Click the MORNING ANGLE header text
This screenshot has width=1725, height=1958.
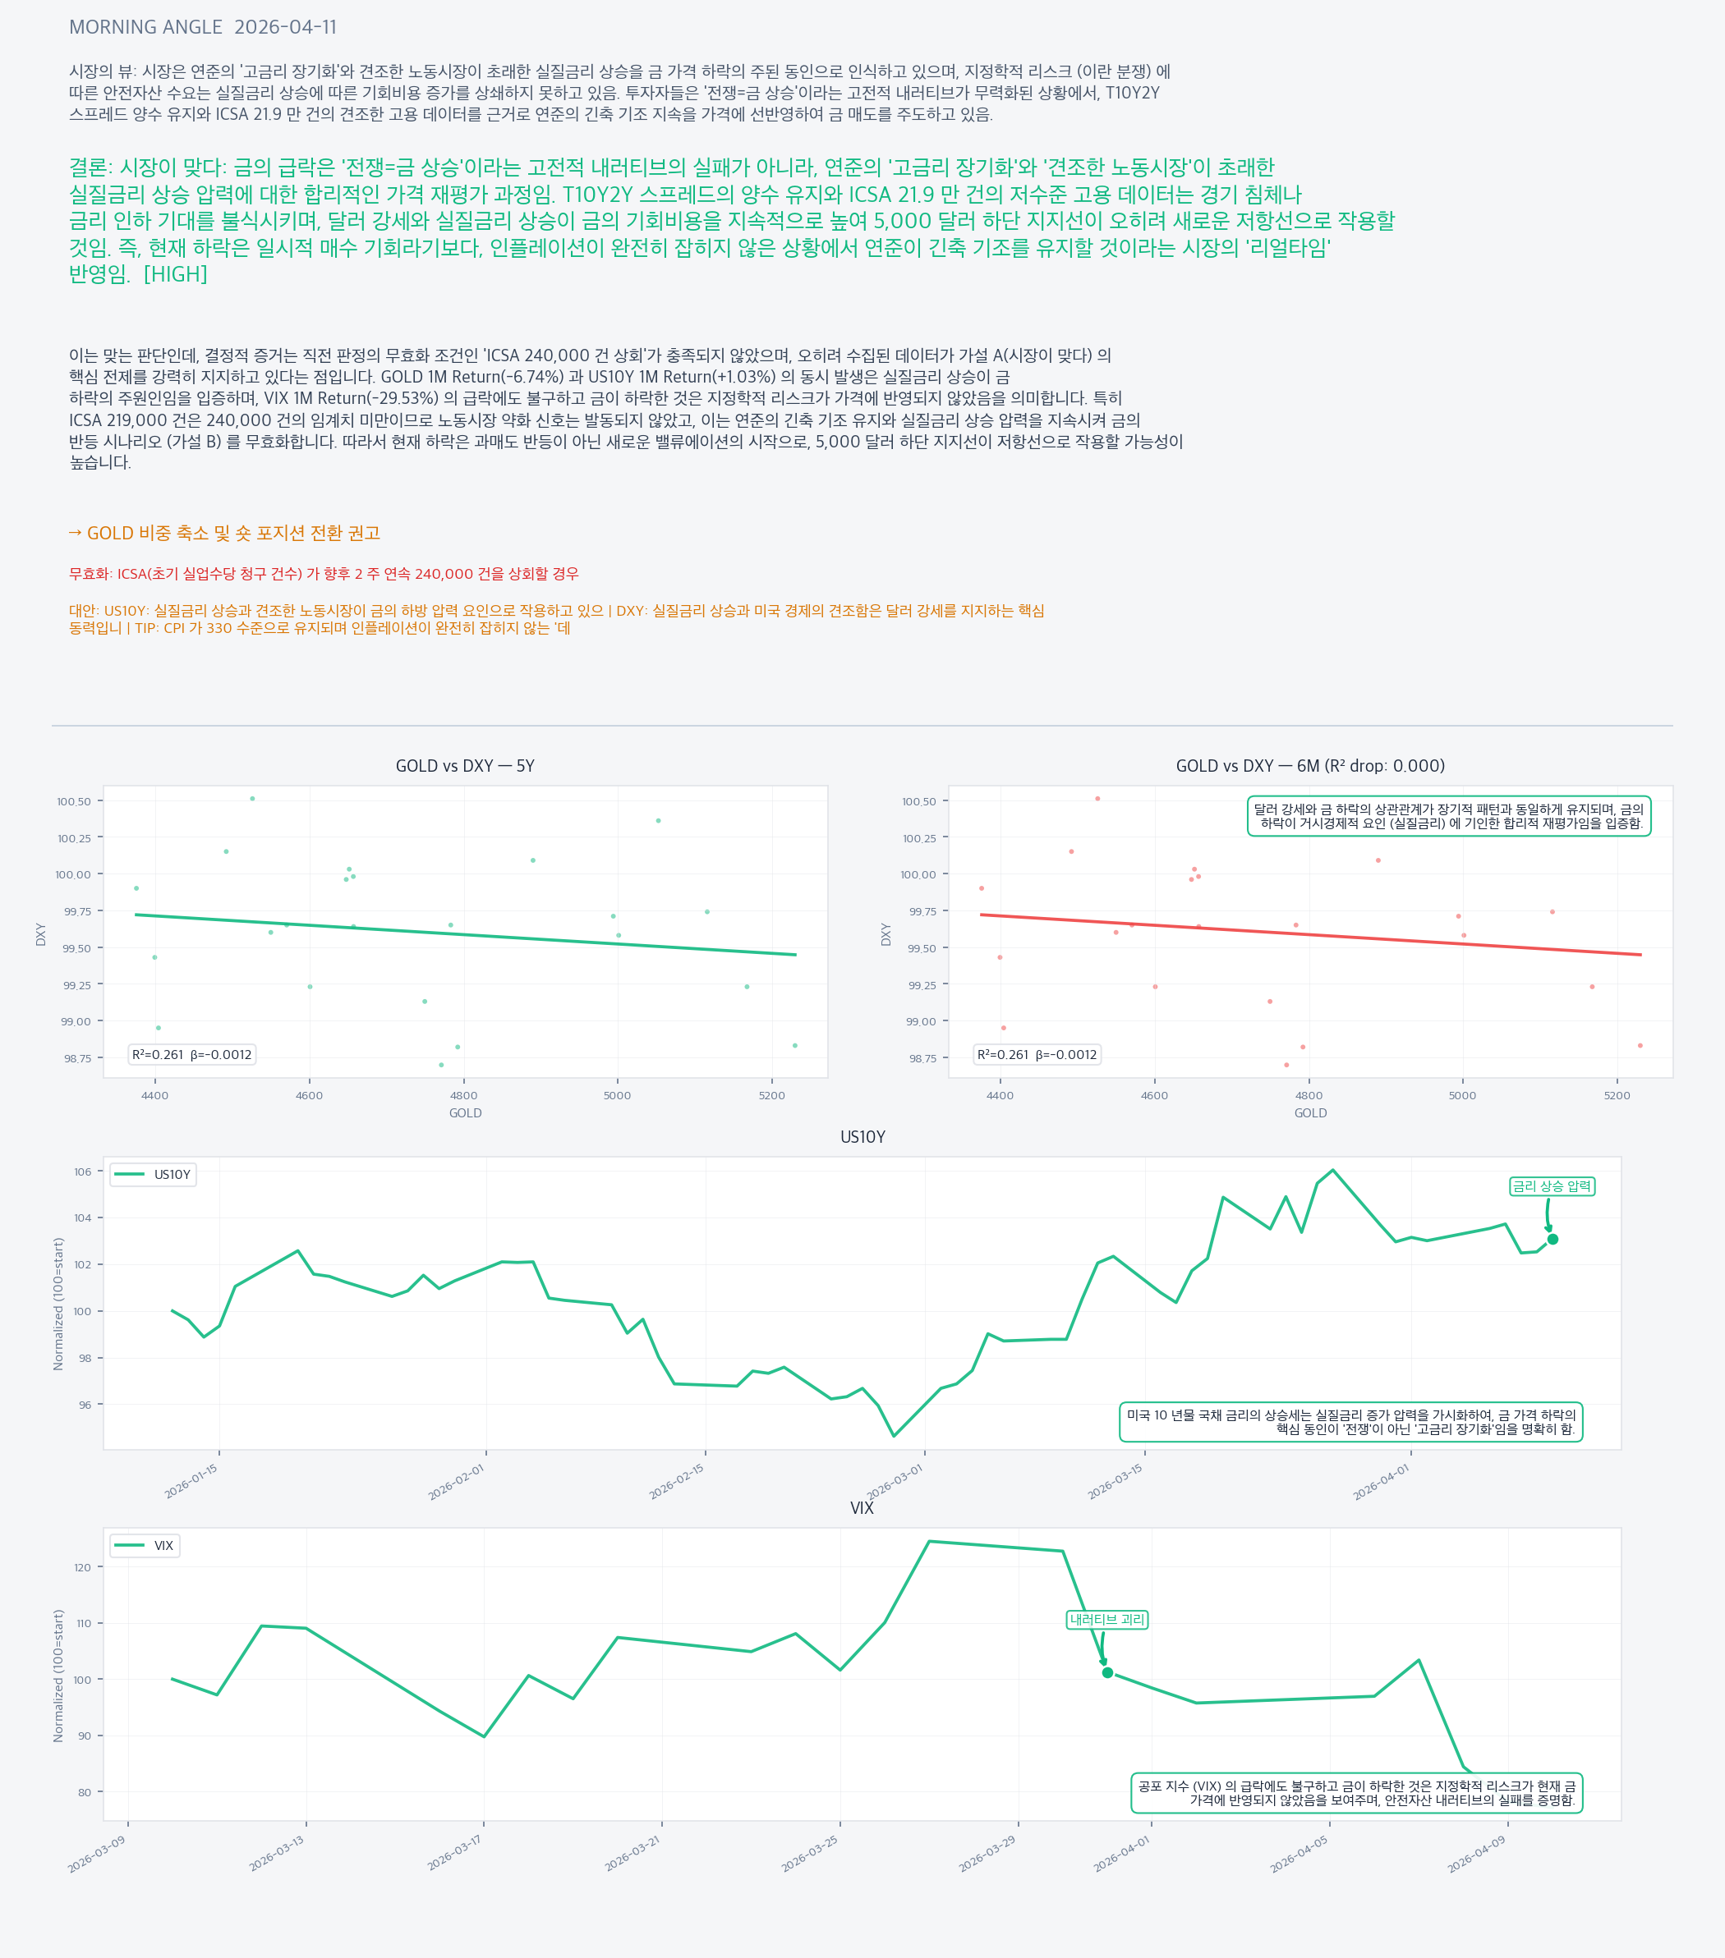tap(145, 28)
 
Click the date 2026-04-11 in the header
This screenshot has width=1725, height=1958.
tap(286, 28)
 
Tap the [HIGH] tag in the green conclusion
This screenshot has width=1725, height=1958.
tap(176, 275)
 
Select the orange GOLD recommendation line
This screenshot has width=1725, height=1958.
tap(224, 534)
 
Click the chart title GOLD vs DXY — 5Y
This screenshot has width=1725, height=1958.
tap(465, 766)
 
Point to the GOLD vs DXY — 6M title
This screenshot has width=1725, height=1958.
tap(1310, 766)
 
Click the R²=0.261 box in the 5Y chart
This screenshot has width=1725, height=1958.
tap(191, 1055)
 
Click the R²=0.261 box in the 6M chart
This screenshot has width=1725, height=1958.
tap(1037, 1055)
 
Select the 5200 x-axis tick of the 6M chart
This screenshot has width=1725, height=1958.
tap(1617, 1096)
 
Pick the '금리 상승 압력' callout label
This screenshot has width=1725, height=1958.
tap(1552, 1187)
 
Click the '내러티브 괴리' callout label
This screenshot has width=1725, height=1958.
tap(1107, 1620)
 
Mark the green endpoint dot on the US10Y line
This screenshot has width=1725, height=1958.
tap(1552, 1240)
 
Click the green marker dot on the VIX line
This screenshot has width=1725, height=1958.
tap(1108, 1673)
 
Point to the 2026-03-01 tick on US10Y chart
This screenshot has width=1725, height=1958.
tap(895, 1481)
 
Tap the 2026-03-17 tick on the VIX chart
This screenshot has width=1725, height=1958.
tap(455, 1853)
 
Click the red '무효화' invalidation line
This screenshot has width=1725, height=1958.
tap(324, 574)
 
